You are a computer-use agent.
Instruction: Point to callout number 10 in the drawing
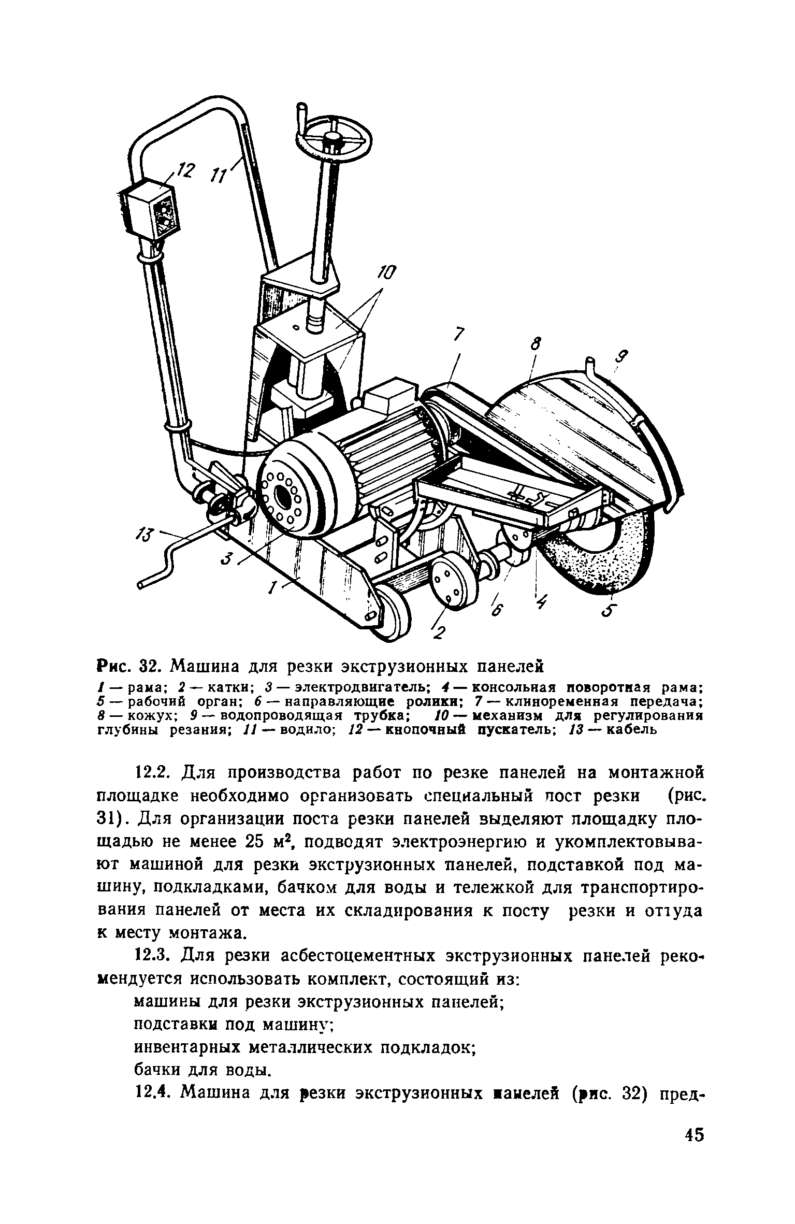pyautogui.click(x=388, y=273)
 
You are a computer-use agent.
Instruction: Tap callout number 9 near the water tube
pyautogui.click(x=623, y=357)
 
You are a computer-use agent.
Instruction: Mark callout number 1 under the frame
pyautogui.click(x=272, y=588)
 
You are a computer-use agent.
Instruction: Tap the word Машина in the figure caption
pyautogui.click(x=205, y=665)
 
